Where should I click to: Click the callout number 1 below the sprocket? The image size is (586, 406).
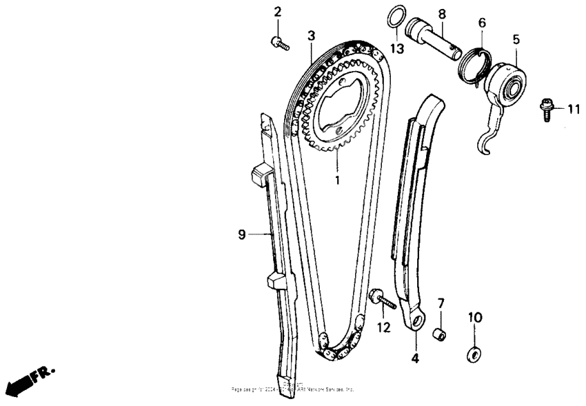(x=338, y=180)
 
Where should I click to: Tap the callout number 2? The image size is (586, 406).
(x=278, y=12)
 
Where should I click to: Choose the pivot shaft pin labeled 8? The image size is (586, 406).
(x=434, y=39)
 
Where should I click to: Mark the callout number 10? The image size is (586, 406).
(x=475, y=318)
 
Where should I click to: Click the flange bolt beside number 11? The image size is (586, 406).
(x=545, y=108)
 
